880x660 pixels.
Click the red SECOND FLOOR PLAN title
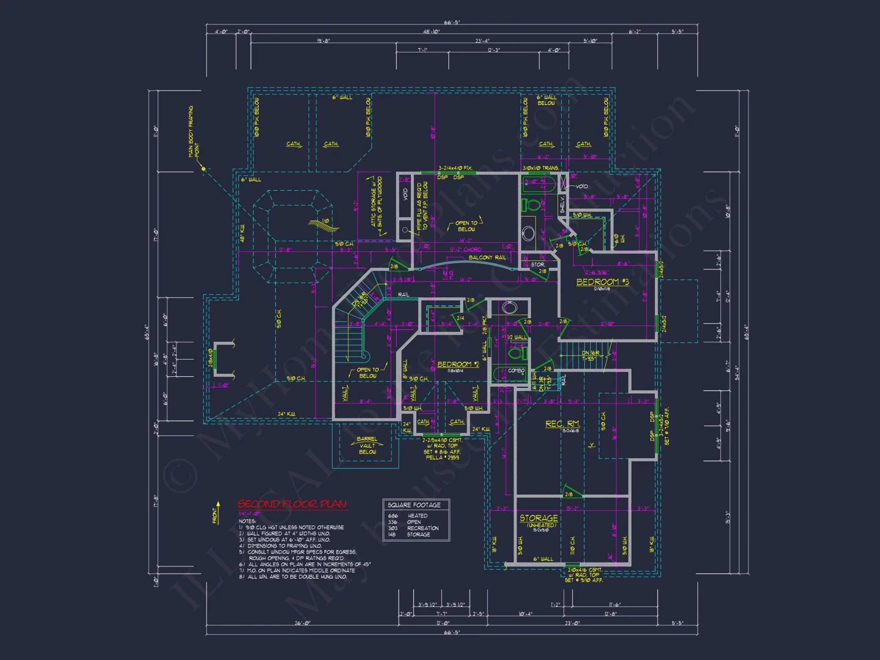coord(292,504)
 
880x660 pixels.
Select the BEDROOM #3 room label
coord(602,282)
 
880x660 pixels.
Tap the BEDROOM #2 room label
coord(458,364)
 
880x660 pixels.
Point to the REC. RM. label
coord(563,424)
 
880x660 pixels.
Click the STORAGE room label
coord(539,518)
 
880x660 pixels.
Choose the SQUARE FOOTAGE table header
coord(414,505)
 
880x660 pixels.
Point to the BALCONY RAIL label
coord(487,257)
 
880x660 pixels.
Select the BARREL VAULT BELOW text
coord(367,446)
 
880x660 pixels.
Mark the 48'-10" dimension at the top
coord(431,32)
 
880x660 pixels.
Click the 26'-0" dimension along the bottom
coord(302,623)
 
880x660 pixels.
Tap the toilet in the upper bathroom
coord(532,205)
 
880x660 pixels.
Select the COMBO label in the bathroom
coord(516,370)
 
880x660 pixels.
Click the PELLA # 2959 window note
coord(442,458)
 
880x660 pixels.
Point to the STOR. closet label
coord(538,264)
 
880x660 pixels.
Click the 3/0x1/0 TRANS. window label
coord(541,168)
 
